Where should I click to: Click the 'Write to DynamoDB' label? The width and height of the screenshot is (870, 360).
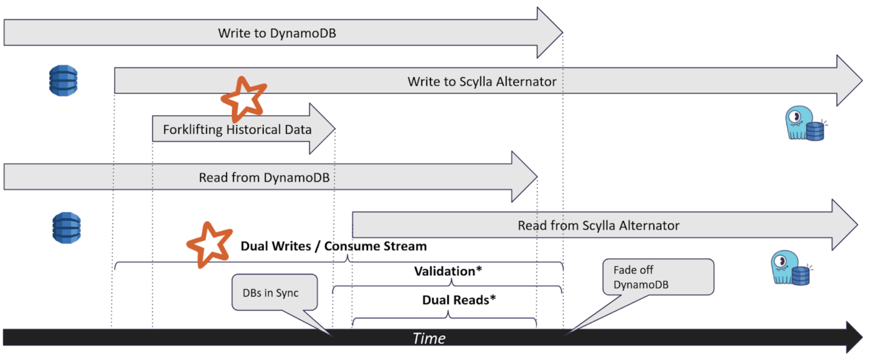tap(277, 33)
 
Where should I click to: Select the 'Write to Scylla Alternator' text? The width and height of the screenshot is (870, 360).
tap(482, 82)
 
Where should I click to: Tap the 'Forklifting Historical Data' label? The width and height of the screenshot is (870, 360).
tap(237, 130)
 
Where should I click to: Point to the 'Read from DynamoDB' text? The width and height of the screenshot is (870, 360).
tap(264, 178)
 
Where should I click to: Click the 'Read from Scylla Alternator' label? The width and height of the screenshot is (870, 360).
tap(598, 226)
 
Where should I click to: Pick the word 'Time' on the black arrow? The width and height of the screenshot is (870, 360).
tap(429, 338)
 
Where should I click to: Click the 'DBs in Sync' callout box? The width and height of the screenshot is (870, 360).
tap(274, 292)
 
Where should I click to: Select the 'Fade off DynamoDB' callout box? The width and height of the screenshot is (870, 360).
tap(658, 277)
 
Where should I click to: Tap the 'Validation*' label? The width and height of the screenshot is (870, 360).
tap(448, 271)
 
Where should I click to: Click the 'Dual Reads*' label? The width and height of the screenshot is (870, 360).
tap(459, 300)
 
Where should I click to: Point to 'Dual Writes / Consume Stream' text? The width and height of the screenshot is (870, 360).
tap(333, 246)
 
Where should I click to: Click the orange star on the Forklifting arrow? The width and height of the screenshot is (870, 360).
tap(243, 99)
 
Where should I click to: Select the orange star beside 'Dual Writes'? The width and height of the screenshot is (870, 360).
tap(209, 244)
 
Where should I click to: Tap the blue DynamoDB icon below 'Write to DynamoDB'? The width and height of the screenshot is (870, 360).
tap(63, 80)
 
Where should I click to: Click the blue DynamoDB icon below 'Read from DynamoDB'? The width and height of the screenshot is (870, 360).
tap(67, 228)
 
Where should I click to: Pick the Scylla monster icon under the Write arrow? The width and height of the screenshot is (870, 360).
tap(804, 124)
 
